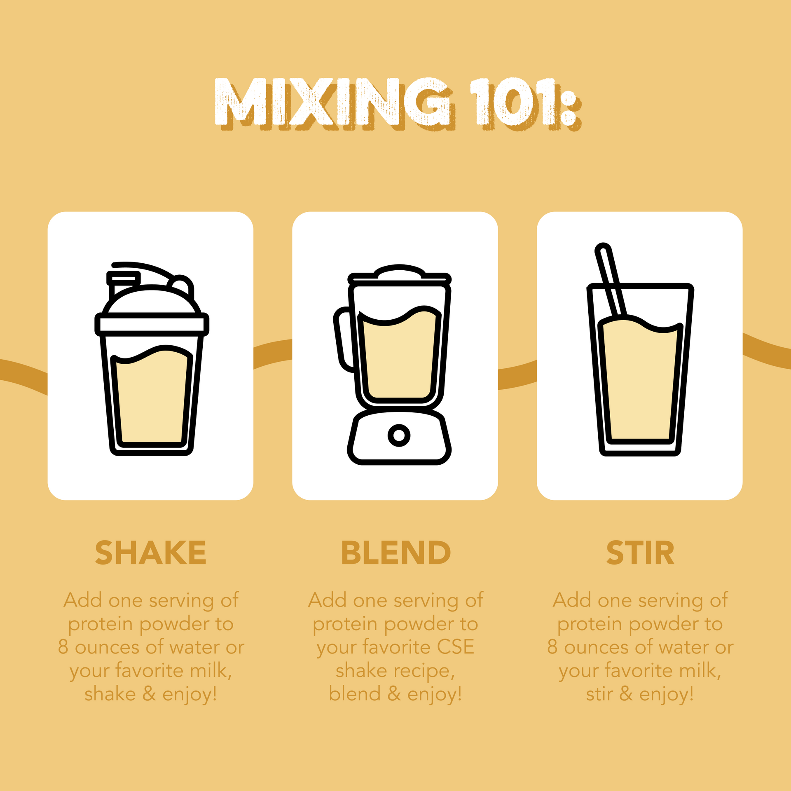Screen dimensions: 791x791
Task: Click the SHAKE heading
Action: coord(150,553)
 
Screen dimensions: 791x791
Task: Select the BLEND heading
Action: coord(395,553)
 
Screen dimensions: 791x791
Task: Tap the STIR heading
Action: coord(640,553)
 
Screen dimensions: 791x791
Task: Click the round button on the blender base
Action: coord(399,435)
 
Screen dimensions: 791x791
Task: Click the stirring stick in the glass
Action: coord(611,280)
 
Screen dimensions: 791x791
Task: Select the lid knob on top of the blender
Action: coord(399,271)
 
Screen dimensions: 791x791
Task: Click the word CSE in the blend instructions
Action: coord(455,647)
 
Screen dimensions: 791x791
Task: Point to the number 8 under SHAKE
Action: coord(63,647)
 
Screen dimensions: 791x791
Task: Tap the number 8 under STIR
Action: coord(552,647)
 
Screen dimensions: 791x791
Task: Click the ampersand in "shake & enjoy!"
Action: coord(149,694)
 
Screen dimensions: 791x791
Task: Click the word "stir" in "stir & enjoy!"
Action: coord(599,694)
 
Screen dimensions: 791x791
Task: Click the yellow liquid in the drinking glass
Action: coord(640,381)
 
